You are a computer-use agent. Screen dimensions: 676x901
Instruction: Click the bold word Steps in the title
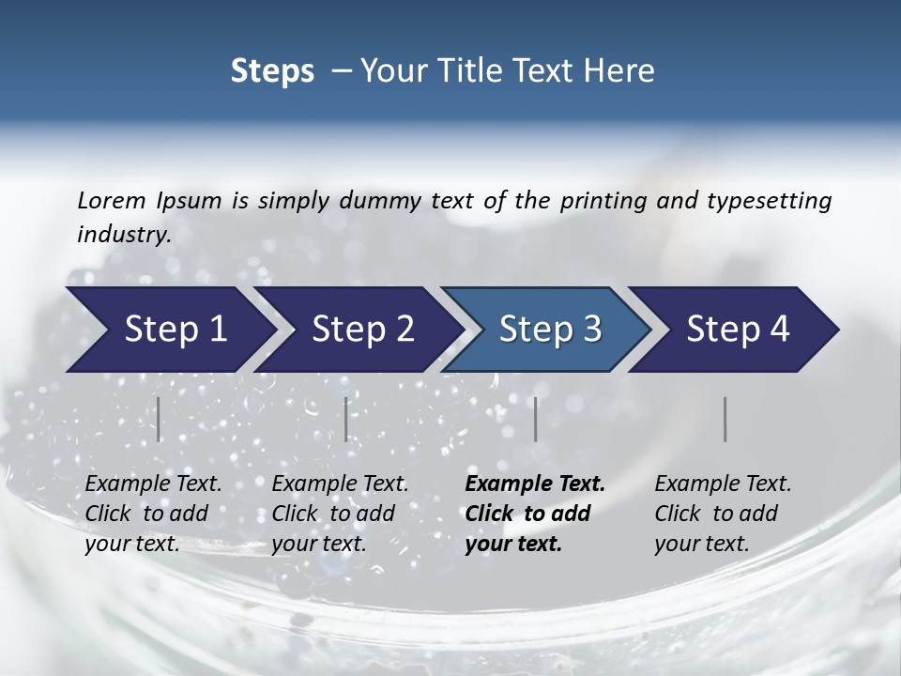[x=272, y=71]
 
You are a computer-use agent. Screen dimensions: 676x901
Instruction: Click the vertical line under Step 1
[x=159, y=419]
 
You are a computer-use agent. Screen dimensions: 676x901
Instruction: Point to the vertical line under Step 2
[x=346, y=419]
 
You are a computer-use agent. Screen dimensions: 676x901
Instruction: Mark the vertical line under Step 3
[x=535, y=419]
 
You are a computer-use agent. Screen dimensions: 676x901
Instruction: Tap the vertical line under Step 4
[x=725, y=419]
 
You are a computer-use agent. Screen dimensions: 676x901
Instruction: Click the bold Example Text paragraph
[x=535, y=514]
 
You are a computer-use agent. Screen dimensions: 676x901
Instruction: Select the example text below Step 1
[x=153, y=514]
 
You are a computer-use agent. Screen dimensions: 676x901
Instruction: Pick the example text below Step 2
[x=340, y=514]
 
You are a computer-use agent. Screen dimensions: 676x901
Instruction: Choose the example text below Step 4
[x=723, y=514]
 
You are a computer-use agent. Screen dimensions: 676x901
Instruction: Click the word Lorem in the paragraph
[x=112, y=200]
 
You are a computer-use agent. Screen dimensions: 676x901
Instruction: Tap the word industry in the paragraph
[x=124, y=234]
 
